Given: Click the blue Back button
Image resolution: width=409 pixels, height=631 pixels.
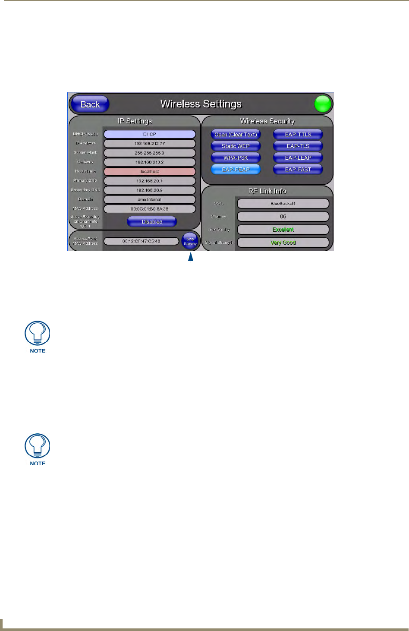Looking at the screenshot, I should pyautogui.click(x=90, y=104).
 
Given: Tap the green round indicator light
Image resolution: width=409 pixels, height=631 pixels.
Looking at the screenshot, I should pyautogui.click(x=322, y=104).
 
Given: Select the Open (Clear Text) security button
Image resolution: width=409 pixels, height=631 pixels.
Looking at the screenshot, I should pyautogui.click(x=236, y=134).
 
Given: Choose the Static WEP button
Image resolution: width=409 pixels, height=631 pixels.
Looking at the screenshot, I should pyautogui.click(x=236, y=146).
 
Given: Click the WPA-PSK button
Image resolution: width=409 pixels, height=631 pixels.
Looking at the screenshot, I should pyautogui.click(x=236, y=158).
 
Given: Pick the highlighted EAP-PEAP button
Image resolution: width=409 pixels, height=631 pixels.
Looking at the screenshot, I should pyautogui.click(x=236, y=169).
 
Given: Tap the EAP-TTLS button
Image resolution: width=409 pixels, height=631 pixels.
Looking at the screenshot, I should pyautogui.click(x=298, y=134).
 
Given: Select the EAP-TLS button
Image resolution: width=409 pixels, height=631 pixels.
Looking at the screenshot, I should pyautogui.click(x=298, y=146).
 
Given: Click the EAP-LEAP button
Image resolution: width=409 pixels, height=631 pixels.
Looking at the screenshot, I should pyautogui.click(x=298, y=158).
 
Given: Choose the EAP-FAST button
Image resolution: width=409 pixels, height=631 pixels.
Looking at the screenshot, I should pyautogui.click(x=298, y=169).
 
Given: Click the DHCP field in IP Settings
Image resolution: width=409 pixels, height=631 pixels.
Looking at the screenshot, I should pyautogui.click(x=149, y=134).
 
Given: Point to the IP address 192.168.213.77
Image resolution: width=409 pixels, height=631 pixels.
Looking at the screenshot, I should pyautogui.click(x=149, y=144).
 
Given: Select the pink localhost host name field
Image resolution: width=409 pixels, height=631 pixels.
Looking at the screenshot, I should pyautogui.click(x=149, y=171).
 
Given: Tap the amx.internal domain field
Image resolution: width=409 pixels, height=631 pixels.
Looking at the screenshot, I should pyautogui.click(x=149, y=199).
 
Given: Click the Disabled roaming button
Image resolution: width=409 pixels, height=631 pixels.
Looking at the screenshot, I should pyautogui.click(x=152, y=222).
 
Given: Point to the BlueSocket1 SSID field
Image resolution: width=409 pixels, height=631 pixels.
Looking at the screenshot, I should pyautogui.click(x=283, y=203).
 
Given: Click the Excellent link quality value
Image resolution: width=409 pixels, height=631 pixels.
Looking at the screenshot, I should pyautogui.click(x=283, y=230).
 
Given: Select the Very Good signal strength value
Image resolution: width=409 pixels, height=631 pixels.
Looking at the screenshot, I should pyautogui.click(x=283, y=243).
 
